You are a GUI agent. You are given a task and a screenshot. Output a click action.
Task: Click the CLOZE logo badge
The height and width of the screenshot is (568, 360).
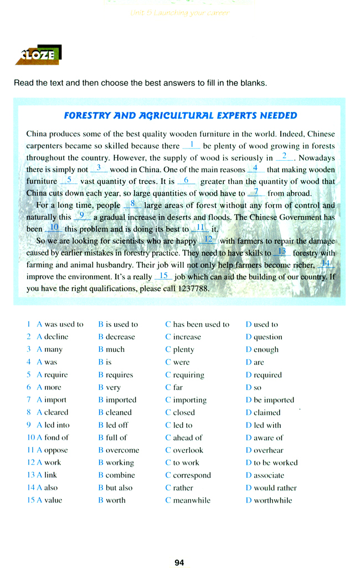click(x=38, y=55)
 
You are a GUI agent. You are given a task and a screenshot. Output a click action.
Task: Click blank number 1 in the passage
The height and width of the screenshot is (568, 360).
click(x=191, y=145)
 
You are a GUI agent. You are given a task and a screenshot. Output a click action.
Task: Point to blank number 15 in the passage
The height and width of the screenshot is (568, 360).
click(x=163, y=276)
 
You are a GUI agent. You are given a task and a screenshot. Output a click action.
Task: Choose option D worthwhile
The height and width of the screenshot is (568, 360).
click(x=269, y=500)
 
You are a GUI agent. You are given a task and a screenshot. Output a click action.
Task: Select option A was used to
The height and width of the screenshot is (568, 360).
click(x=60, y=324)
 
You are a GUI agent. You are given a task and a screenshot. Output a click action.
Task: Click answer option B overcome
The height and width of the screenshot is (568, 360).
click(x=119, y=450)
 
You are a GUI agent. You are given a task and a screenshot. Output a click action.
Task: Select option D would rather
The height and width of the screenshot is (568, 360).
click(x=271, y=488)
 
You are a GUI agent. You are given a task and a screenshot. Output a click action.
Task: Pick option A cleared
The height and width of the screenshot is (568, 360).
click(x=53, y=412)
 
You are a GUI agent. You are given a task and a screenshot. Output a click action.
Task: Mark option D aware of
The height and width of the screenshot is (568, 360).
click(x=264, y=438)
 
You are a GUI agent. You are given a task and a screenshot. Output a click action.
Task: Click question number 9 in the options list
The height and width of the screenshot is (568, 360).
click(x=28, y=425)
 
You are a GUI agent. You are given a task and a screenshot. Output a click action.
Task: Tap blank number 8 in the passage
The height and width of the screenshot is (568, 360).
click(x=133, y=204)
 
